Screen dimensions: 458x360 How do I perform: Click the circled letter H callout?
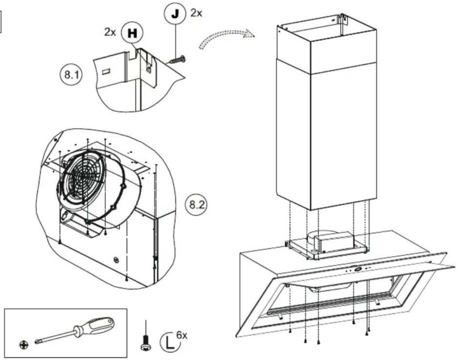(x=132, y=33)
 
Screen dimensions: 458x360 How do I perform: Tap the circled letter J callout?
(x=175, y=14)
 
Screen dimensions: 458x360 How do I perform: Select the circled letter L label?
(x=170, y=342)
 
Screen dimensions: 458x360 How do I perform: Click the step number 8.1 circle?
(x=71, y=75)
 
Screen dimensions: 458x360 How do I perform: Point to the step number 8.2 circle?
(x=196, y=205)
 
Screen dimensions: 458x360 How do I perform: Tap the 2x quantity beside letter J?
(x=196, y=13)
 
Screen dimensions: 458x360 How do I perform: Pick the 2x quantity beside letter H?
(x=110, y=32)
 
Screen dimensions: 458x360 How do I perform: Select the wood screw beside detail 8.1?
(x=178, y=60)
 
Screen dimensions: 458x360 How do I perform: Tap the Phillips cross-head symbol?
(x=24, y=345)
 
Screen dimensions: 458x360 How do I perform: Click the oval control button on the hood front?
(x=358, y=269)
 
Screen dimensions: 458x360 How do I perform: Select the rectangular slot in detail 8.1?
(x=106, y=71)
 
